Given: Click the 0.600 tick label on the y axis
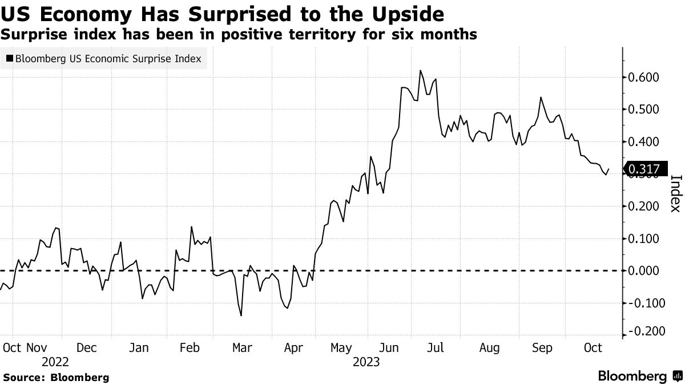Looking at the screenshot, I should click(643, 77).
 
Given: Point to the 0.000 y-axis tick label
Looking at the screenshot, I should click(643, 270).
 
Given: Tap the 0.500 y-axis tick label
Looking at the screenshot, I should click(643, 110).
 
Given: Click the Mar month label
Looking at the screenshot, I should click(242, 347).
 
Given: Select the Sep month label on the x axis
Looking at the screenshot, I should click(542, 347).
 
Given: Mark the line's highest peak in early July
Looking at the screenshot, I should click(420, 71).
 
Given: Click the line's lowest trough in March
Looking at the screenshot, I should click(241, 315).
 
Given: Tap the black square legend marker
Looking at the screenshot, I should click(10, 58).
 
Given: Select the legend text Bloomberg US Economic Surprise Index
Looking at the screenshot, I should click(108, 58).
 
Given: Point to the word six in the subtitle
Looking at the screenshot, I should click(406, 34).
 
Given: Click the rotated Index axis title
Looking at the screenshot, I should click(675, 193).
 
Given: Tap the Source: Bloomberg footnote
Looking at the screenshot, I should click(56, 377).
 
